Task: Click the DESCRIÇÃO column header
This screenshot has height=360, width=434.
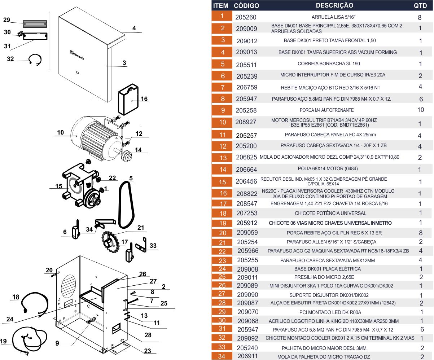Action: click(x=334, y=5)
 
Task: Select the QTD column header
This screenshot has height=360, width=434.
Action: click(x=420, y=6)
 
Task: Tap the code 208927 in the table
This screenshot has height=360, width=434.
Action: click(x=246, y=122)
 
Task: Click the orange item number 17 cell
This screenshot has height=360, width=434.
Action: click(x=223, y=203)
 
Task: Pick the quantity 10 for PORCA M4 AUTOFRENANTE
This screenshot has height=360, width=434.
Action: click(x=420, y=110)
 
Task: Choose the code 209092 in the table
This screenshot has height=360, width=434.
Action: click(x=247, y=338)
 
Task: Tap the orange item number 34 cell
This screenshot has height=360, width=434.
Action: click(x=223, y=356)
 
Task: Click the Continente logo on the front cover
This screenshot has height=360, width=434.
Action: click(x=77, y=55)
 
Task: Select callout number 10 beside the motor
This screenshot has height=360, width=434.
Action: click(x=60, y=133)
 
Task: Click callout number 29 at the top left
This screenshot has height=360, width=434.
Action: click(x=6, y=20)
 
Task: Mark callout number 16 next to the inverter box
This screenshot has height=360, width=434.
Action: click(x=144, y=99)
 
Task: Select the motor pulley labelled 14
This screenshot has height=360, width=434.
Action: click(x=127, y=157)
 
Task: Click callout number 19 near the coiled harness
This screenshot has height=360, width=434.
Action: click(x=3, y=341)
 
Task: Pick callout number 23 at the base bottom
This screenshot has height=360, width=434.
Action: click(x=148, y=351)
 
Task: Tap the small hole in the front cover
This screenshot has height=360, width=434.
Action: click(x=77, y=73)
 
